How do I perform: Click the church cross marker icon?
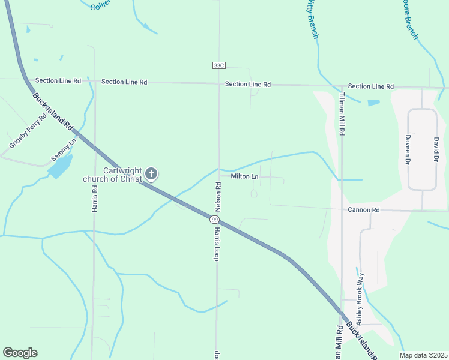click(152, 175)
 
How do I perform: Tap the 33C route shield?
click(218, 65)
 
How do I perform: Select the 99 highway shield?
click(214, 220)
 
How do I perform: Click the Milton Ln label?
click(245, 177)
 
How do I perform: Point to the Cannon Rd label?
click(364, 210)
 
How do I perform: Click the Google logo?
click(20, 353)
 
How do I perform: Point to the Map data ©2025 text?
click(423, 355)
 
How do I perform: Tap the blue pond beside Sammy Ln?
click(60, 165)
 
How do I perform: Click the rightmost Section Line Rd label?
click(370, 86)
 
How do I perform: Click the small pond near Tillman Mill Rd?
click(373, 103)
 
